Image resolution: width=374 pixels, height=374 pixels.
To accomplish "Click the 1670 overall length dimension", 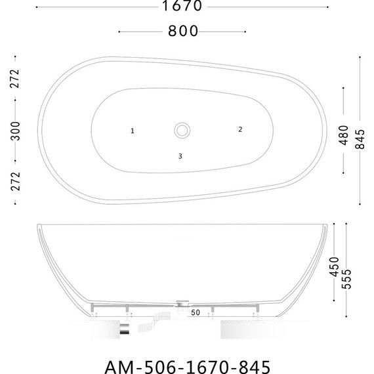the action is tap(182, 6).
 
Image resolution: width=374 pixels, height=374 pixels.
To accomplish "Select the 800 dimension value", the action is tap(183, 31).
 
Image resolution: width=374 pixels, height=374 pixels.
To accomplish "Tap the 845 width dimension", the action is tap(360, 139).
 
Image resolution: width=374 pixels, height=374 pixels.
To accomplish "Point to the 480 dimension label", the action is tap(344, 135).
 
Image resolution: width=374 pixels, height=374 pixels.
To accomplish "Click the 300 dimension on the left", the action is tap(16, 131).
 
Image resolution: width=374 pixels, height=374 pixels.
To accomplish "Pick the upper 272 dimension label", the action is tap(15, 79).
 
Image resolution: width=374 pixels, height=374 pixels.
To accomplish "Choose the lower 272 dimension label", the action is tap(16, 181).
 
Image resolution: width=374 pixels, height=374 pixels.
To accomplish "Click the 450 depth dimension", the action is tap(334, 266).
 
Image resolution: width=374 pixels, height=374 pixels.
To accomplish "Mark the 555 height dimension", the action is tap(346, 279).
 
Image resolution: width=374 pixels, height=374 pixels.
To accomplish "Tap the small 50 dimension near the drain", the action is tap(196, 312).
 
